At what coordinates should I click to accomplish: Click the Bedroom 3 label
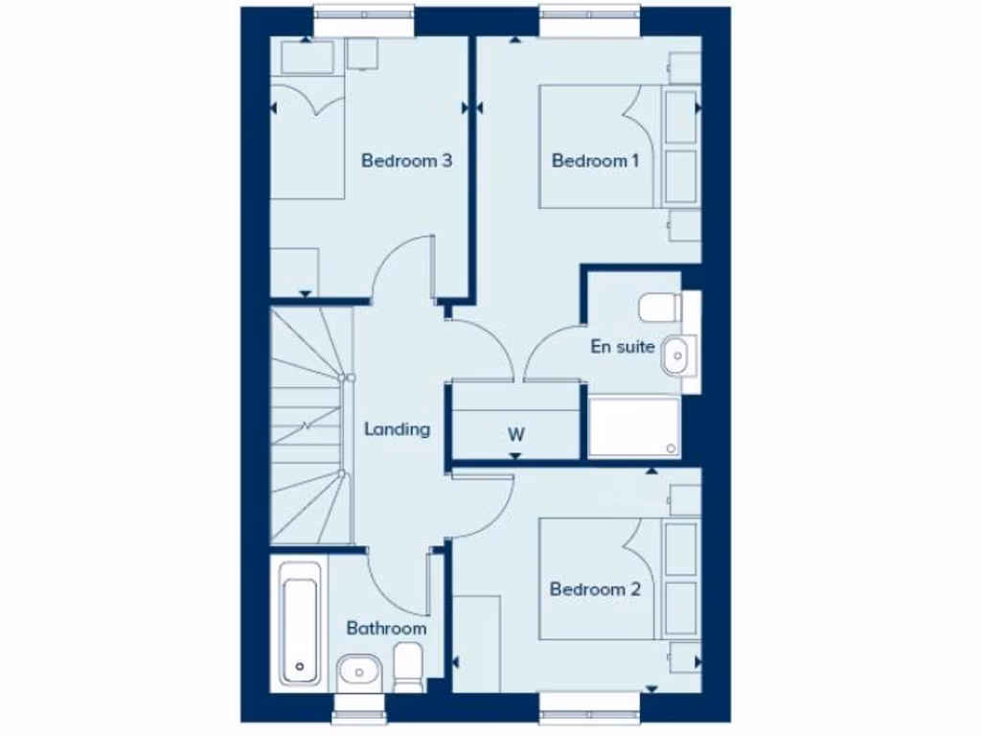coord(406,161)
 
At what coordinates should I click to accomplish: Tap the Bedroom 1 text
coord(594,161)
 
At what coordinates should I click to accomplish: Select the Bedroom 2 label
coord(594,589)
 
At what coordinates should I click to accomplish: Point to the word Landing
coord(397,429)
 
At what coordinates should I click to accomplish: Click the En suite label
coord(623,346)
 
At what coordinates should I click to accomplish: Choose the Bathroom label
coord(386,629)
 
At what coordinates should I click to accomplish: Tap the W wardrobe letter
coord(515,434)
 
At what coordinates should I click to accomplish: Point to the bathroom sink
coord(359,671)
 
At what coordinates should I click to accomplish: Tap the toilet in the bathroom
coord(409,666)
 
